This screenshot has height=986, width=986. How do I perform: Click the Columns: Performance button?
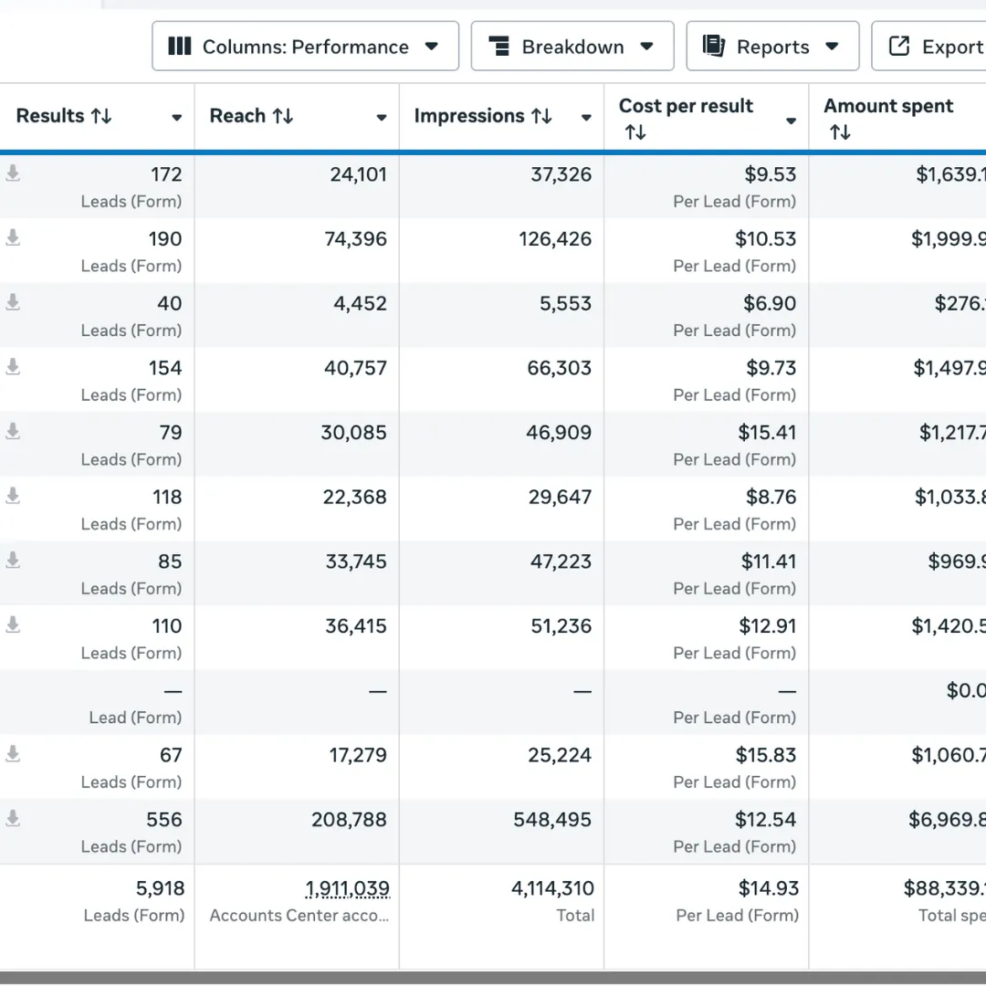(305, 47)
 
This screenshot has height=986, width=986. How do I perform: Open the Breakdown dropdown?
(572, 47)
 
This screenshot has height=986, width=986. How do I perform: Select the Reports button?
(771, 47)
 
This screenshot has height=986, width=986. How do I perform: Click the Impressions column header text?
(469, 116)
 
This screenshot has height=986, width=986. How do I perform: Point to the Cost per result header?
(686, 106)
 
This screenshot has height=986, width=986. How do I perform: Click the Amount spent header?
(887, 106)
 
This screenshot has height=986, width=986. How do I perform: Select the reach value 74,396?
(356, 239)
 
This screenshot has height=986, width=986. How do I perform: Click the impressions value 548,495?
(552, 820)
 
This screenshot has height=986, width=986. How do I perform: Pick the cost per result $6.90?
(771, 303)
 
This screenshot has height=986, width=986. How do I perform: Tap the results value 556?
(164, 820)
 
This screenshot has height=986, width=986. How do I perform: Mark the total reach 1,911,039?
(347, 888)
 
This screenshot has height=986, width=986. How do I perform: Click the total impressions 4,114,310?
(552, 888)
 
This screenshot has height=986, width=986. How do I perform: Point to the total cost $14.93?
(768, 888)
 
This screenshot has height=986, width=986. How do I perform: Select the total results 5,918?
(160, 888)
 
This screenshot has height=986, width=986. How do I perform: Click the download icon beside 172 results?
(13, 173)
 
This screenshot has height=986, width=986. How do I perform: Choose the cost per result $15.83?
(766, 755)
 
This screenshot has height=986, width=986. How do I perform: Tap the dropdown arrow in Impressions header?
(586, 118)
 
